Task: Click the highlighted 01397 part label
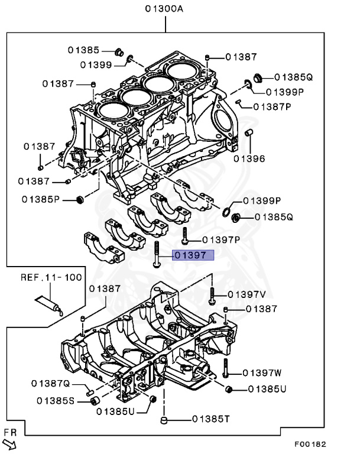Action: (189, 256)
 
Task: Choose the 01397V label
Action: (247, 294)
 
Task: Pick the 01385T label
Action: (210, 419)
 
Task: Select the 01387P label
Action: (273, 107)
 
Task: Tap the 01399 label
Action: (96, 64)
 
